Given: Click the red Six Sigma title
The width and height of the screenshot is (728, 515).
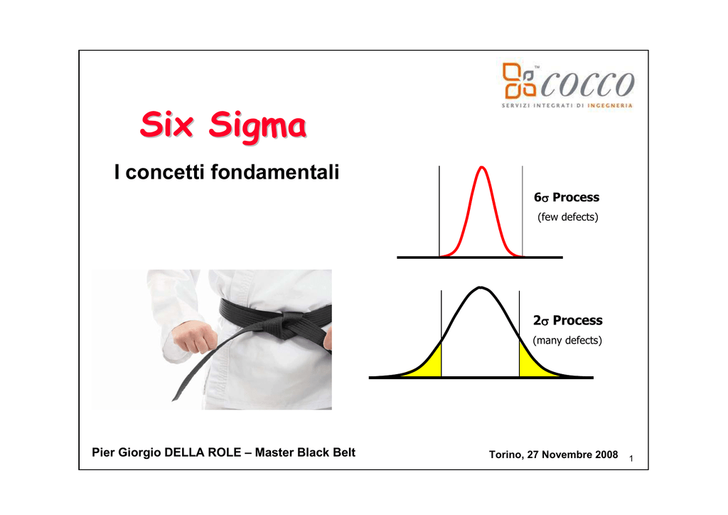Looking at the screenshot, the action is [x=223, y=125].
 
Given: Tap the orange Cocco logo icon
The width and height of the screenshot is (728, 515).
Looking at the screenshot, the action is [x=519, y=81].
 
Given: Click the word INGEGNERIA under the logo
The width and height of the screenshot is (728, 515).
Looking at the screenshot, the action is [x=609, y=105].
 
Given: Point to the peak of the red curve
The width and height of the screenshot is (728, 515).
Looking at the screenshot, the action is [x=482, y=166].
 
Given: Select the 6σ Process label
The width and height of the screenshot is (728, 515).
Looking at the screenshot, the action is [x=567, y=197].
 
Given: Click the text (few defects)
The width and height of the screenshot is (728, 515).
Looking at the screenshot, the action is [x=567, y=217].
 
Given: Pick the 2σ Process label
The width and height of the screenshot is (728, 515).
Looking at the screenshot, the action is [x=567, y=320].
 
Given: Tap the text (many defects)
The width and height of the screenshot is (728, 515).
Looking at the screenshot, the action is [x=567, y=341].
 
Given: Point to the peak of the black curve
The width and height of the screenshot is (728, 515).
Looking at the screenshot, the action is [x=481, y=287].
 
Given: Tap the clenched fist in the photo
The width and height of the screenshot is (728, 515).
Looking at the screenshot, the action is [x=195, y=336].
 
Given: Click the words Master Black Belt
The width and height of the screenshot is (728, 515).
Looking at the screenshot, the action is [x=305, y=452].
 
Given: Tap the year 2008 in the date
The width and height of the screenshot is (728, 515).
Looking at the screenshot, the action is [x=606, y=455].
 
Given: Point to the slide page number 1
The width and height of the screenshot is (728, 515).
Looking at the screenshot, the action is [x=631, y=459].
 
